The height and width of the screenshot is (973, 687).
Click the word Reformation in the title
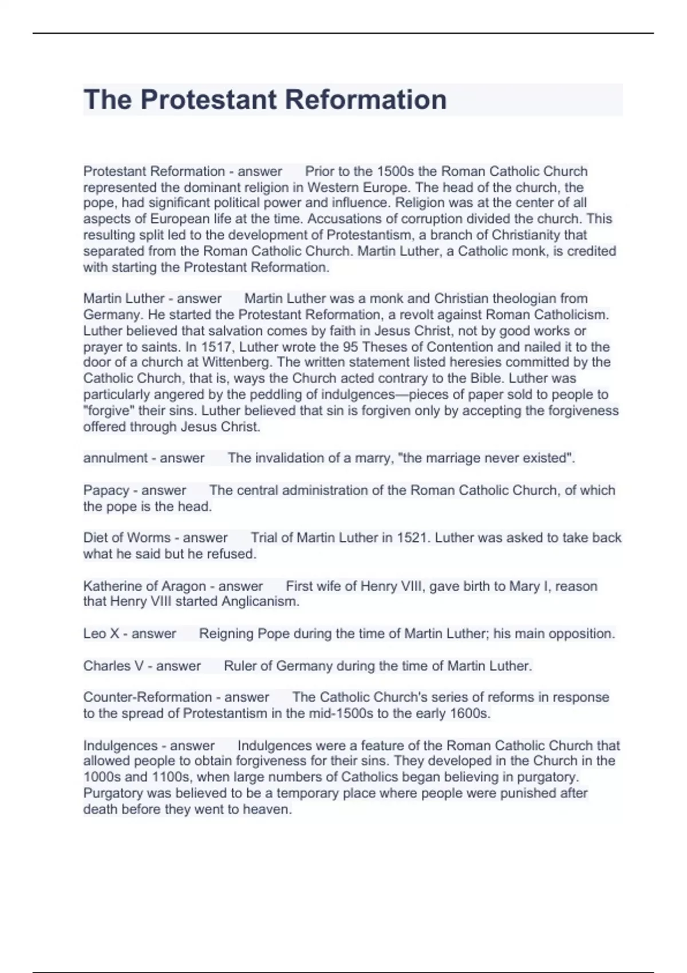pos(365,100)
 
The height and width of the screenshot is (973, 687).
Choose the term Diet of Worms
pos(127,538)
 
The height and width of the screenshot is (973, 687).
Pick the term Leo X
pos(101,634)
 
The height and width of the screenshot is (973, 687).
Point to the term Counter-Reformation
pos(148,697)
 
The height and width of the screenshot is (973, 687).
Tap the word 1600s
pos(471,713)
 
